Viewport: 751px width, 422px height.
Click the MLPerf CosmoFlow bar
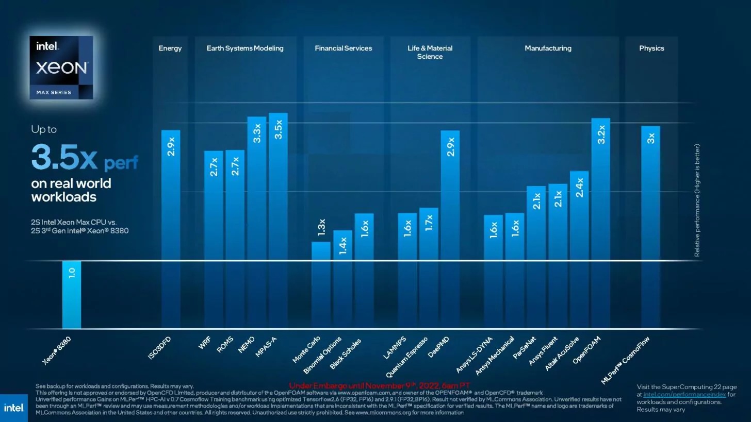pos(650,227)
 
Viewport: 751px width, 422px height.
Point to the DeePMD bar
pos(450,229)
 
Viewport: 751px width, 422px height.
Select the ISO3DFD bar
pos(171,229)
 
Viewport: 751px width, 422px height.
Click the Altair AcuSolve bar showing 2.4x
pos(579,249)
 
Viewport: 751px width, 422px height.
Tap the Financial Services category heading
pos(343,48)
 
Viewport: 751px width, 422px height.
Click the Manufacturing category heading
pos(548,48)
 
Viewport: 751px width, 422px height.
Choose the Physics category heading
pos(651,48)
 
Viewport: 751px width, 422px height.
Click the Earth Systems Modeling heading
pos(245,48)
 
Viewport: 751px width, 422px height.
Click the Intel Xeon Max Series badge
pos(61,67)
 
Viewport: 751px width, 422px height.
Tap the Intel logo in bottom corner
pos(13,408)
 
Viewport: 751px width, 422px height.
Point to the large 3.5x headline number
pos(64,157)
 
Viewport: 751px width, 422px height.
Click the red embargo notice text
pos(379,385)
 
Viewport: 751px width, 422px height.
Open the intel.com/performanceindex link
pos(684,394)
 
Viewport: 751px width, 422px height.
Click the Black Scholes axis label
pos(346,353)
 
